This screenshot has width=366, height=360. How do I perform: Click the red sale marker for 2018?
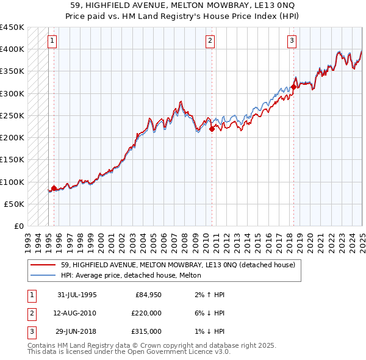click(293, 87)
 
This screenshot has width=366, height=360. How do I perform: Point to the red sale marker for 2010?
click(212, 129)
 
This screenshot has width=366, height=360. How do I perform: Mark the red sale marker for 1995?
click(54, 189)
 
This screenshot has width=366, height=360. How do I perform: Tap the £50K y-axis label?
click(15, 204)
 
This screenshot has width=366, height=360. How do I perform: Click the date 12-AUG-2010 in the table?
click(76, 313)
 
